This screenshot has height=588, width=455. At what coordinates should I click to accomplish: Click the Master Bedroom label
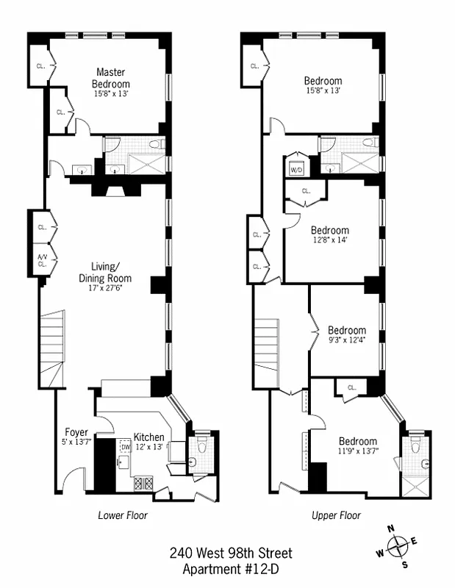pos(112,78)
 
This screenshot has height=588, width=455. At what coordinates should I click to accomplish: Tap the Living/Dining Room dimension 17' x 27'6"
pos(105,289)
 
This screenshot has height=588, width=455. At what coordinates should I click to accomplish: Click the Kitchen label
pos(148,437)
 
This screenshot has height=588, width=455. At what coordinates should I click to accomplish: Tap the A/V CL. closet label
pos(42,260)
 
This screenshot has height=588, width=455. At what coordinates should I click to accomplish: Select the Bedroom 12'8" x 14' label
pos(329,230)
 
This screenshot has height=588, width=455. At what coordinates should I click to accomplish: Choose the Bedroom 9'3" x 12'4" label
pos(346,330)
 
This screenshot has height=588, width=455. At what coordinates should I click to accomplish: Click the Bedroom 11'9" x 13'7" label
pos(357,442)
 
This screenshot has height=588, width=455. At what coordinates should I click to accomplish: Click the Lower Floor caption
pos(123,515)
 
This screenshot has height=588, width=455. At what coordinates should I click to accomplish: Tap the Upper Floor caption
pos(336,515)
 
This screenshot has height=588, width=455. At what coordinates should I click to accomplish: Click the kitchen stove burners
pos(143,484)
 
